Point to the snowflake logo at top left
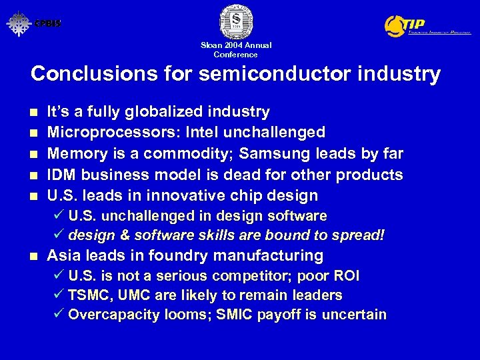(x=19, y=24)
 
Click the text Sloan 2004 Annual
(x=236, y=45)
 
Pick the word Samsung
(x=271, y=153)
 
